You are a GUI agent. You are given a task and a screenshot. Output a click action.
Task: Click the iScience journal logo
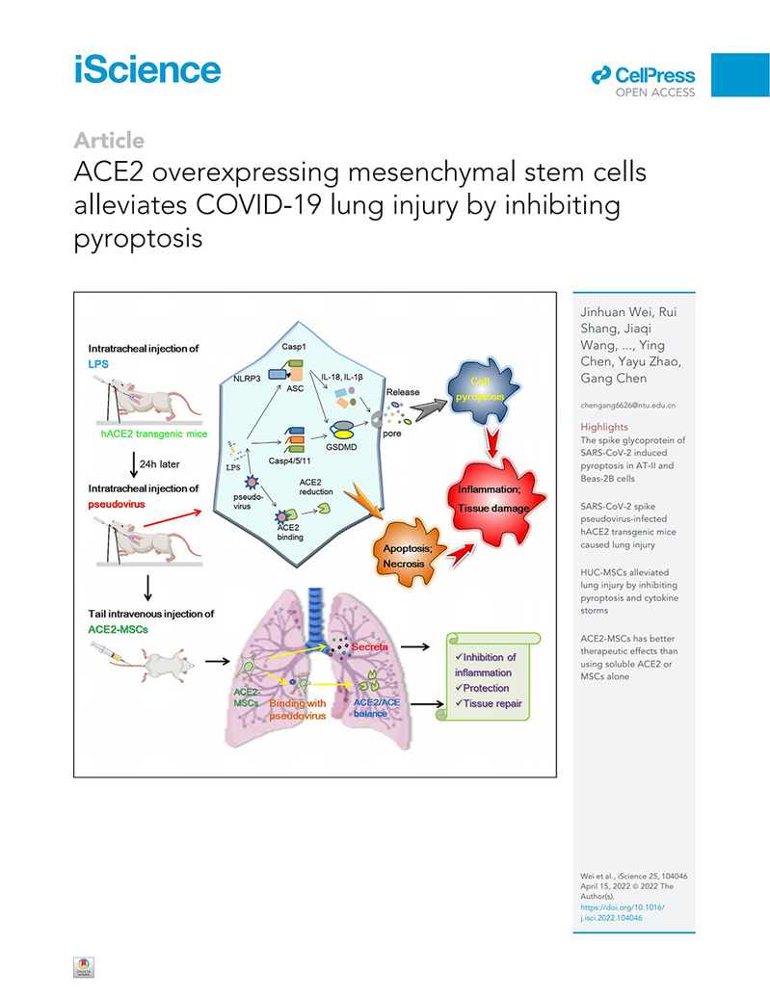[x=147, y=70]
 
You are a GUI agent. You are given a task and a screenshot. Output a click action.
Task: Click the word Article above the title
[x=109, y=141]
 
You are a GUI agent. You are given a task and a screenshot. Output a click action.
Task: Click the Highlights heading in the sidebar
[x=604, y=427]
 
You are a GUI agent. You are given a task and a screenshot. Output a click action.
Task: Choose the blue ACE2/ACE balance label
[x=385, y=709]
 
